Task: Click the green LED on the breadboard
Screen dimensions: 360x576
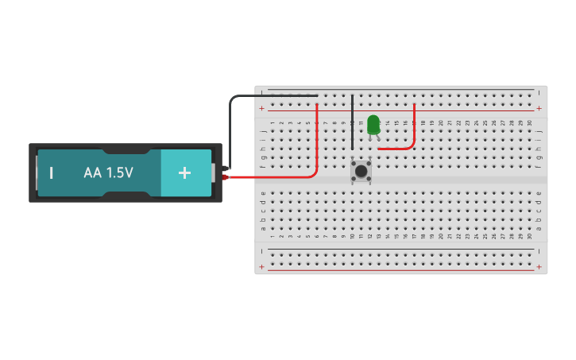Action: pyautogui.click(x=373, y=124)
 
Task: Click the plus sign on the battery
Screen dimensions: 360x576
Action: pyautogui.click(x=184, y=172)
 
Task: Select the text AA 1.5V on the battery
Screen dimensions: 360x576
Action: pyautogui.click(x=108, y=172)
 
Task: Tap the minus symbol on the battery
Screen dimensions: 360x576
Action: pyautogui.click(x=52, y=172)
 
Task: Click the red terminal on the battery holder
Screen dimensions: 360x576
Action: pyautogui.click(x=225, y=177)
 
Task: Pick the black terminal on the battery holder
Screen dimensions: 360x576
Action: pyautogui.click(x=225, y=168)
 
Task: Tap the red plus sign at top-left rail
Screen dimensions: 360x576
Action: pyautogui.click(x=262, y=108)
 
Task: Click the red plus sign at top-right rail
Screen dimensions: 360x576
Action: pyautogui.click(x=539, y=108)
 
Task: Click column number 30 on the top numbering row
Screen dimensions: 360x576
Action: pyautogui.click(x=529, y=122)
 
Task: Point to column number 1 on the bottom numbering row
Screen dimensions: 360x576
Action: pyautogui.click(x=273, y=236)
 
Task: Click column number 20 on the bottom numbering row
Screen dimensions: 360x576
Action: pyautogui.click(x=441, y=236)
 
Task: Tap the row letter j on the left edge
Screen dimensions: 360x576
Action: pyautogui.click(x=263, y=131)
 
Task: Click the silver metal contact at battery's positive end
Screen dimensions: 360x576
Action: pyautogui.click(x=213, y=172)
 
